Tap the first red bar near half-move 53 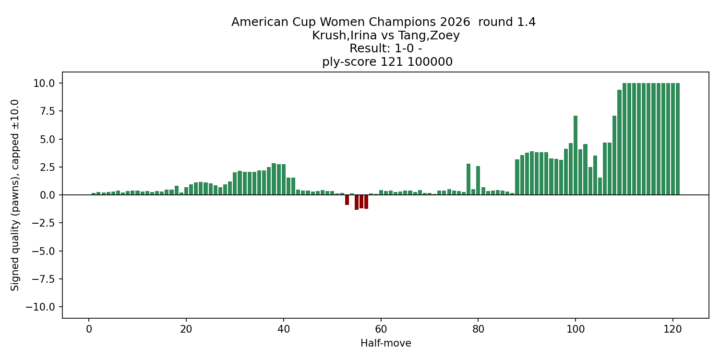click(x=347, y=200)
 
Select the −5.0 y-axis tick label click(x=44, y=251)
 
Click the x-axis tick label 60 click(x=381, y=329)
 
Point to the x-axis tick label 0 click(x=89, y=329)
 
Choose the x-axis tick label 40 click(x=284, y=329)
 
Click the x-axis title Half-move click(x=385, y=343)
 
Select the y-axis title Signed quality click(x=15, y=194)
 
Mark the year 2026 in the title click(x=455, y=22)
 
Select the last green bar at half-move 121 click(x=678, y=139)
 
